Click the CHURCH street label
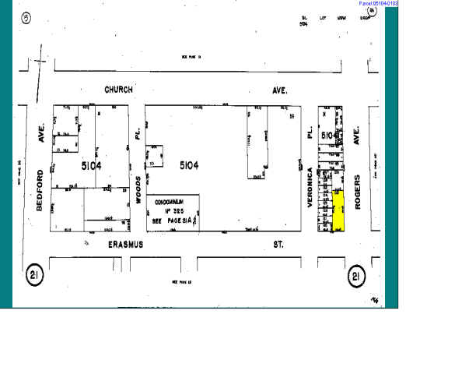coord(118,90)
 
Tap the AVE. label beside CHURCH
coord(278,90)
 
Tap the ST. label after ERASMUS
coord(278,245)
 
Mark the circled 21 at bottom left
coord(34,275)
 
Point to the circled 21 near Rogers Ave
coord(356,275)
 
